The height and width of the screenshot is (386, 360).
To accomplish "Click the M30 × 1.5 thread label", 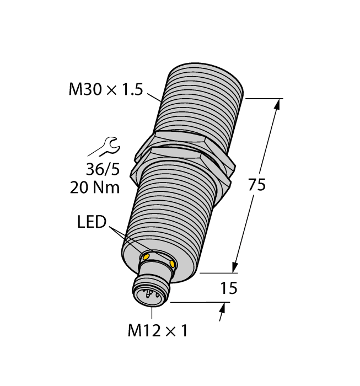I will (104, 90).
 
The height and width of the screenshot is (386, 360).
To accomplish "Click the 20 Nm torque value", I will (95, 187).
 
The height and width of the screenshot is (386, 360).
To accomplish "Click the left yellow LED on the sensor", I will (147, 256).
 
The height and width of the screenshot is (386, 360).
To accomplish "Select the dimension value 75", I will (256, 185).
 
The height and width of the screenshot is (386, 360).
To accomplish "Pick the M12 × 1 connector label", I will (158, 331).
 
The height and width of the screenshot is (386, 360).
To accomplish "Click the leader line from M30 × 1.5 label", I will (153, 96).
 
